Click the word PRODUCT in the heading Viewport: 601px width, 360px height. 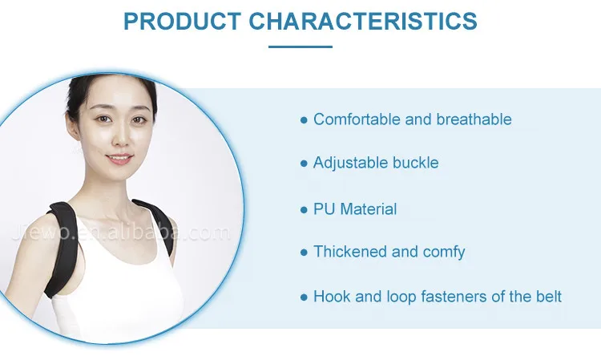click(x=182, y=21)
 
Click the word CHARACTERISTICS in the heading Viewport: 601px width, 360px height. click(x=363, y=21)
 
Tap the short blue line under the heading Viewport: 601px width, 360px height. click(x=300, y=47)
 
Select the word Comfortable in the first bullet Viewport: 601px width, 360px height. click(x=357, y=119)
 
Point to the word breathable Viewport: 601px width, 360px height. click(x=474, y=119)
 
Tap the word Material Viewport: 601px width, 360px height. click(x=369, y=209)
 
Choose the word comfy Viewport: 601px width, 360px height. click(x=444, y=253)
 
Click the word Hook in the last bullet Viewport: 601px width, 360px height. click(x=332, y=297)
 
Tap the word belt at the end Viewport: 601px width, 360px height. click(x=549, y=297)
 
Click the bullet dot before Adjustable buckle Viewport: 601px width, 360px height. click(x=304, y=164)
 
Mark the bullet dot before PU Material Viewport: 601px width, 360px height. click(x=304, y=210)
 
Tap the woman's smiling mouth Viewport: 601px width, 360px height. click(x=119, y=158)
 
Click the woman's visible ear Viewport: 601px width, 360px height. click(x=72, y=126)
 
